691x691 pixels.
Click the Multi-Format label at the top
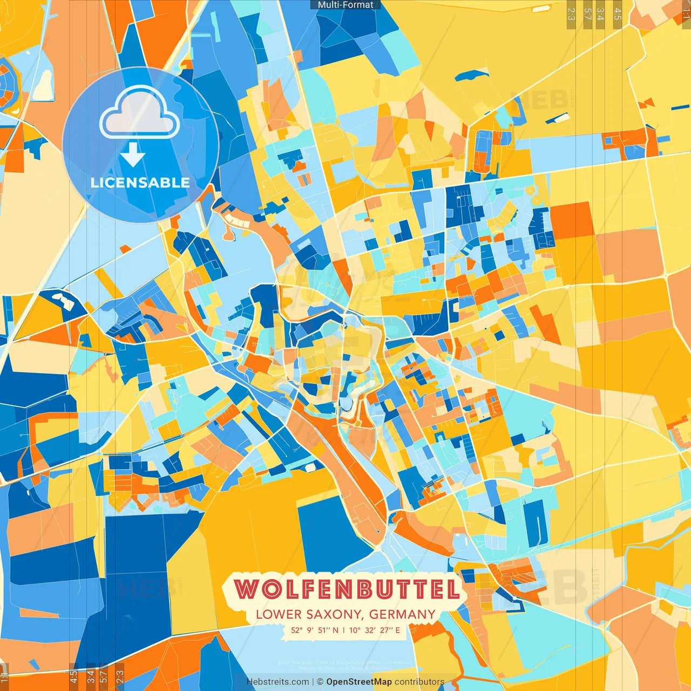point(345,5)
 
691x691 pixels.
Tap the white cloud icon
point(140,113)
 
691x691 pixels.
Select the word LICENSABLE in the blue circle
point(140,182)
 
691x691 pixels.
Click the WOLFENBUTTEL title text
point(347,589)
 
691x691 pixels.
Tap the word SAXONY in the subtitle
point(335,614)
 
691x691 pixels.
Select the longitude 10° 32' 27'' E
point(375,630)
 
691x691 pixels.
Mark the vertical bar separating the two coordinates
point(343,630)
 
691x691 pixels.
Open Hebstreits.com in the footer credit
point(277,682)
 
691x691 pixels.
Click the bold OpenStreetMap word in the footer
point(358,682)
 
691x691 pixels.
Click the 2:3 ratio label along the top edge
point(571,14)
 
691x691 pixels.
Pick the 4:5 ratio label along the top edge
point(617,14)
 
